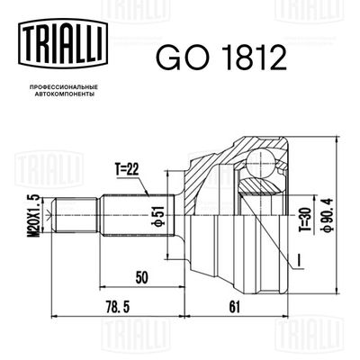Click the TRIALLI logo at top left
(x=62, y=42)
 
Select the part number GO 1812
(x=220, y=57)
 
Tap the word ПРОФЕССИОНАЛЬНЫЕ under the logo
(x=63, y=87)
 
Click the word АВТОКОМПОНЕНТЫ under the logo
(x=63, y=94)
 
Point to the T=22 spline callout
(x=127, y=170)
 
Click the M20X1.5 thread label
(x=35, y=216)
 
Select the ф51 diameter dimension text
(x=160, y=215)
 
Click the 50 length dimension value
(x=141, y=278)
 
